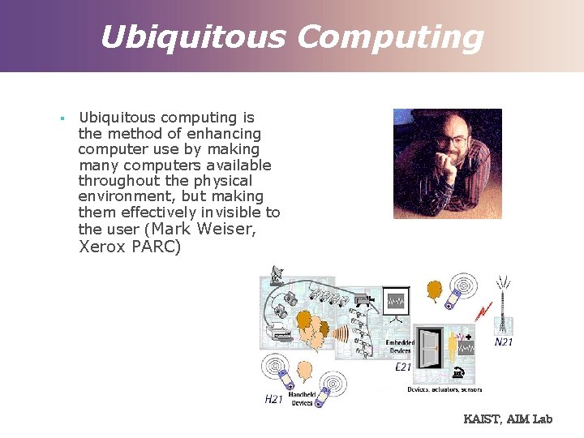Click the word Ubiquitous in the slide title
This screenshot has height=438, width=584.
(x=191, y=36)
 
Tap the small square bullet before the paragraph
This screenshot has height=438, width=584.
(x=62, y=118)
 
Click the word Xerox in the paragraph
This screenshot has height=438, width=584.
(x=101, y=247)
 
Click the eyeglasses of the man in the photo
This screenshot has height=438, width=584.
(x=452, y=140)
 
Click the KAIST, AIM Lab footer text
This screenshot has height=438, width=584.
(x=508, y=419)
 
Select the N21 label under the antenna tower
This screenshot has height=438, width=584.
(x=504, y=342)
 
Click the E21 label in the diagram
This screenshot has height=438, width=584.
(x=403, y=367)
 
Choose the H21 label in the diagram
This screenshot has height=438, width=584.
(x=274, y=398)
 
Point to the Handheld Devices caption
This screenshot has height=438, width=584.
(x=302, y=398)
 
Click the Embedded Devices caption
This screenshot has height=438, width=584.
(x=400, y=346)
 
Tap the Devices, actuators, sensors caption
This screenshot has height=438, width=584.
(x=444, y=390)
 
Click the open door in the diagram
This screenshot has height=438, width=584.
(x=430, y=349)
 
